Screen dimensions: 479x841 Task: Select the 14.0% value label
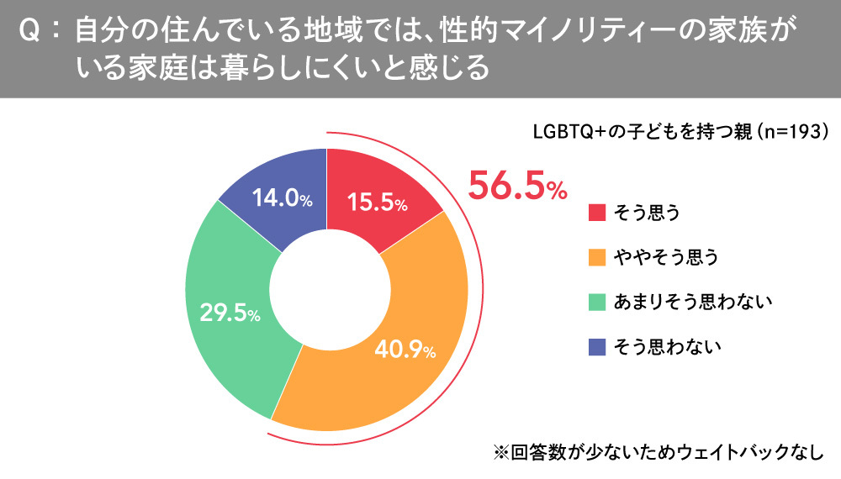pos(283,199)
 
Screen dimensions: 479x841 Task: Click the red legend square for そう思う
pos(597,213)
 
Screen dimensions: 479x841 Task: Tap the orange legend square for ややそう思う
pos(597,257)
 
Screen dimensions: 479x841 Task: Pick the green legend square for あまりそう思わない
pos(597,302)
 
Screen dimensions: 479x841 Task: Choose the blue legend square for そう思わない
pos(597,346)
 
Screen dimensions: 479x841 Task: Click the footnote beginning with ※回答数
pos(656,450)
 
